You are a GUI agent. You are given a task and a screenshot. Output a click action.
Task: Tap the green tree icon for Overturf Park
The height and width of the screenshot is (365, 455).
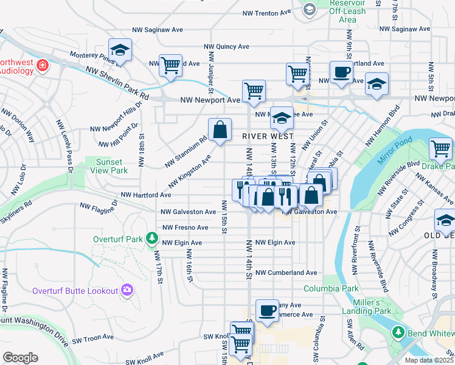click(x=151, y=239)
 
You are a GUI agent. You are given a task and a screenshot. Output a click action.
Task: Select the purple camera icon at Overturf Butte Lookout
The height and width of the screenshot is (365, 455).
click(x=127, y=290)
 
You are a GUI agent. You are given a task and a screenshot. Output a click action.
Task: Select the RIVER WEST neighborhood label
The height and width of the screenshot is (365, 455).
click(x=268, y=136)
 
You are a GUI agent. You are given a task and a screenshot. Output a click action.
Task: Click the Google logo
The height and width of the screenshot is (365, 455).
click(x=20, y=358)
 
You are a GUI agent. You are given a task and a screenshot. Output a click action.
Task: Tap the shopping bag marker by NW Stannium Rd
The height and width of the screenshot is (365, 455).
click(x=220, y=129)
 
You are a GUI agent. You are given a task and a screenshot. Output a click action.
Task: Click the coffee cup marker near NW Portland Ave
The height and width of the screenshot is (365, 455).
click(x=341, y=72)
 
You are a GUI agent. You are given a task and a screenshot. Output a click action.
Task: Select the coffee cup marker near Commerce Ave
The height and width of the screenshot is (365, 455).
click(x=266, y=311)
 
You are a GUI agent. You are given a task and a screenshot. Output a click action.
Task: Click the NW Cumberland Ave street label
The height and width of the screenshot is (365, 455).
click(x=286, y=273)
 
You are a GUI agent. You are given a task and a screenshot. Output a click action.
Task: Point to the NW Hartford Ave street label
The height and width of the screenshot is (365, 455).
click(x=146, y=195)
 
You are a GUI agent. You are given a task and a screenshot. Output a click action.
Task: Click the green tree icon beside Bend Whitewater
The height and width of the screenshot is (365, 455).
click(x=398, y=332)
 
